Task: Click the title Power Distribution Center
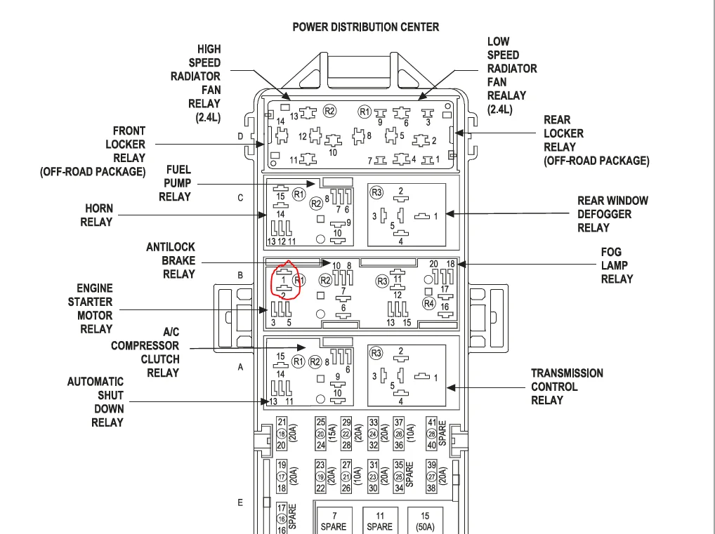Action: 366,27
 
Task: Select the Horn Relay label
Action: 97,215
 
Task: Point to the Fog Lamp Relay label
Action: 617,266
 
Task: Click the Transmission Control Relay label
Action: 567,387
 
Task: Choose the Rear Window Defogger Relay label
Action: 612,214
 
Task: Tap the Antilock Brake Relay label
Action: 171,260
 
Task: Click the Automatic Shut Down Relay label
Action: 96,402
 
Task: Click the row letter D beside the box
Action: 240,136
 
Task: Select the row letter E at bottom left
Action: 240,502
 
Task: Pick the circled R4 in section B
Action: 429,303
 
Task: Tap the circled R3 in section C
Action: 376,192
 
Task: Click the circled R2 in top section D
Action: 329,111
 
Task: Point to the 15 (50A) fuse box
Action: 425,521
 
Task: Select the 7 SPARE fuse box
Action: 334,521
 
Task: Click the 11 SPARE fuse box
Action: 380,521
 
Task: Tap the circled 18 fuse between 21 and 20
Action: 282,434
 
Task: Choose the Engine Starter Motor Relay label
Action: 91,309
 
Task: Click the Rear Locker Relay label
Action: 596,140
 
